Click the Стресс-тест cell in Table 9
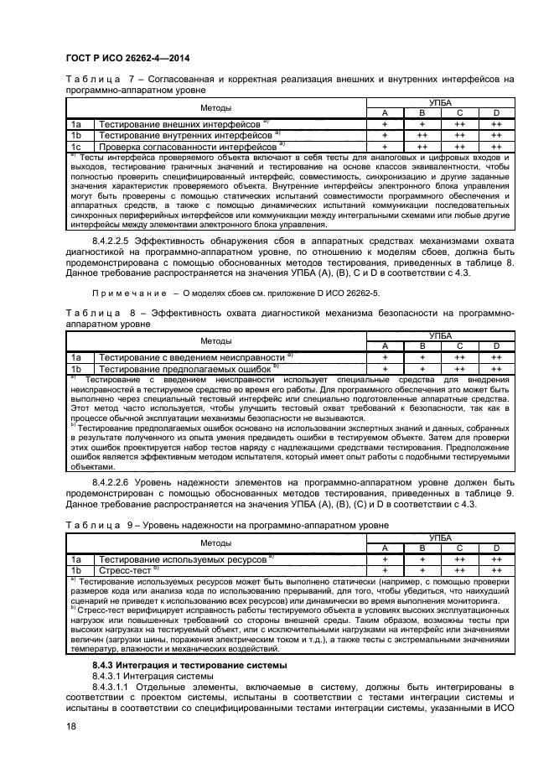[x=127, y=569]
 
